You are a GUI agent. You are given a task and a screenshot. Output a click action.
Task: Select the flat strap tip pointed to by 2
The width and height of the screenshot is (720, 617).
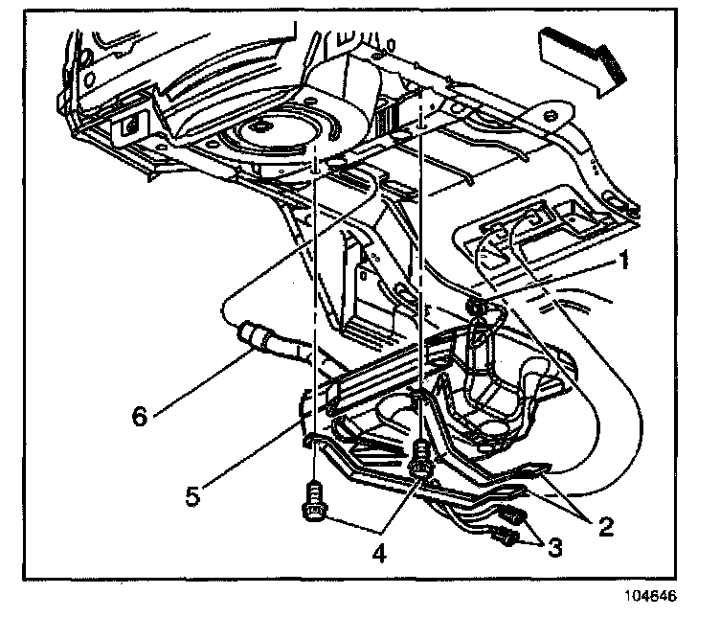[540, 468]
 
